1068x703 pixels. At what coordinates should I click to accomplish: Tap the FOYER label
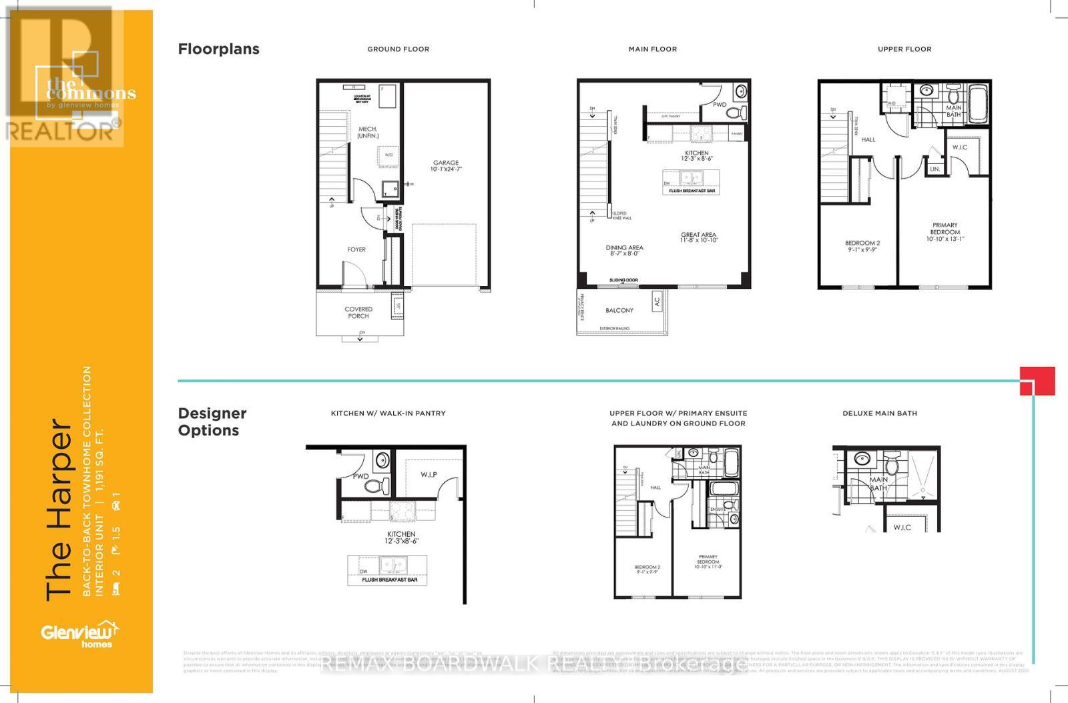pos(356,249)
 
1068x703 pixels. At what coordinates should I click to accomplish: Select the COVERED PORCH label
pos(358,312)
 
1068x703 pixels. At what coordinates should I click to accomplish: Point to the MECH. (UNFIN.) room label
pos(368,132)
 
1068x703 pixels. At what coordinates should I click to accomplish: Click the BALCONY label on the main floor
pos(619,310)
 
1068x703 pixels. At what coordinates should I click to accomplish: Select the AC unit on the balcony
pos(657,301)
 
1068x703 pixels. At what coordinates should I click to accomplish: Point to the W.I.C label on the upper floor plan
pos(960,147)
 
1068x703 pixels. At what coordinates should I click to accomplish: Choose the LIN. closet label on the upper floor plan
pos(935,169)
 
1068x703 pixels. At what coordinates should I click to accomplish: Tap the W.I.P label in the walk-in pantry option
pos(429,475)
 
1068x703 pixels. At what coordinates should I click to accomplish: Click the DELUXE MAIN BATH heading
pos(880,414)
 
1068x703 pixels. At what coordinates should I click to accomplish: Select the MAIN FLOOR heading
pos(652,49)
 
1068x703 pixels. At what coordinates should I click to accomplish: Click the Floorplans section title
pos(218,49)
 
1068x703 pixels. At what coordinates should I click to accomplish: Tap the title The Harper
pos(59,510)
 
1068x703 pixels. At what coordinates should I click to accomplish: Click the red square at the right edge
pos(1037,381)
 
